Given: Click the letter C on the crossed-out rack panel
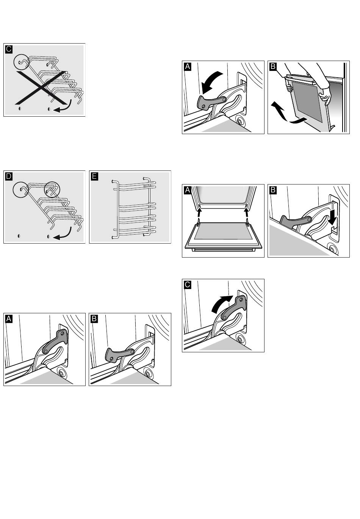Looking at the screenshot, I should coord(9,49).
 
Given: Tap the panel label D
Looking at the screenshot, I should coord(9,176).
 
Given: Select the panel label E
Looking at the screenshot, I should coord(94,176).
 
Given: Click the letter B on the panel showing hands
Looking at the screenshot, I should coord(273,66).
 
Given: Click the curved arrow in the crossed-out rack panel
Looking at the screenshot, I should coord(63,108).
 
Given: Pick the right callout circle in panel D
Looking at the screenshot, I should coord(52,189).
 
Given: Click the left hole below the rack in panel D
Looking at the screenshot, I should coord(19,236).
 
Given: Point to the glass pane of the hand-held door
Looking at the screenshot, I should coord(308,102).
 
